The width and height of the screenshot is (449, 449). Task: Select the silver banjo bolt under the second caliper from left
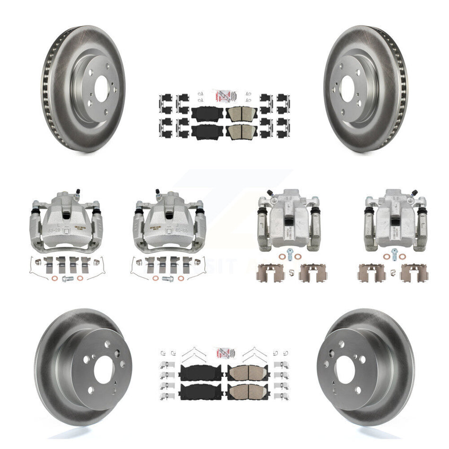click(167, 279)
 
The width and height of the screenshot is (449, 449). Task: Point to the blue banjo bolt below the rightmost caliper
click(394, 251)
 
